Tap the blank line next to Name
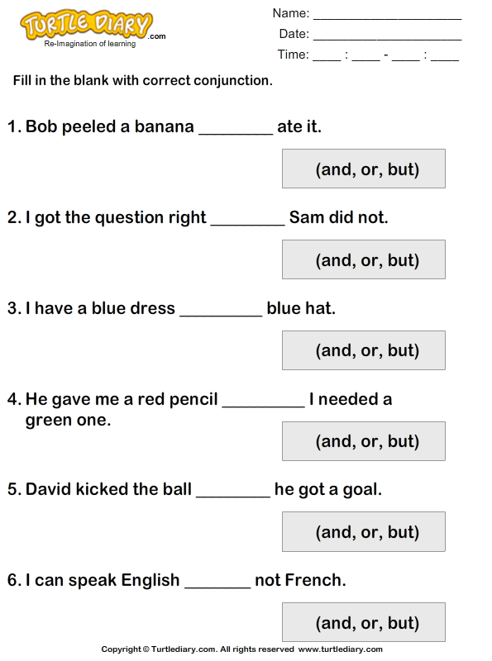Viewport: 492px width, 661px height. (387, 19)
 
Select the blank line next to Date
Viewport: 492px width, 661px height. (387, 40)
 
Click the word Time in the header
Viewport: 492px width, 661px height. (293, 55)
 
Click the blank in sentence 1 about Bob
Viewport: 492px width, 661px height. (236, 135)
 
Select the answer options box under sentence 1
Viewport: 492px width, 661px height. (364, 169)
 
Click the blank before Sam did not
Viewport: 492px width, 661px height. (248, 225)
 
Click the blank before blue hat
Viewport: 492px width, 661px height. (221, 316)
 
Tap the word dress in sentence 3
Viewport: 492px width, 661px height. (154, 308)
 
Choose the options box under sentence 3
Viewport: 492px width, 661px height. (364, 350)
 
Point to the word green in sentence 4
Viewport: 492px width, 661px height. (46, 421)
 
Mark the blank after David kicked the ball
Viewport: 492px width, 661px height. (233, 497)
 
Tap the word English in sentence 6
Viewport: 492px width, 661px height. (150, 581)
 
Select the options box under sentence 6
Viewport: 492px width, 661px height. (364, 622)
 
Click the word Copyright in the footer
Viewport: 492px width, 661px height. (121, 649)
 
